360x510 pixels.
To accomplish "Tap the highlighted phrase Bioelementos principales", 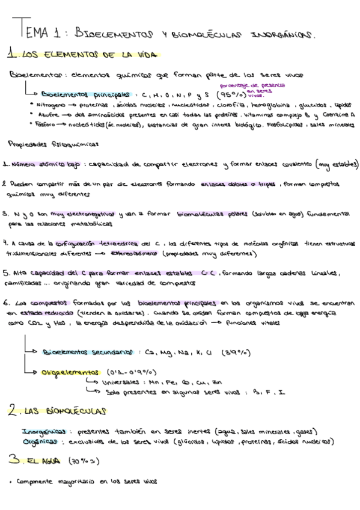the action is coord(85,94).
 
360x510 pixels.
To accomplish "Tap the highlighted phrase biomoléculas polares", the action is coord(206,214).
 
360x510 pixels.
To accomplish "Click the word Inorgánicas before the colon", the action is coord(43,431).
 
